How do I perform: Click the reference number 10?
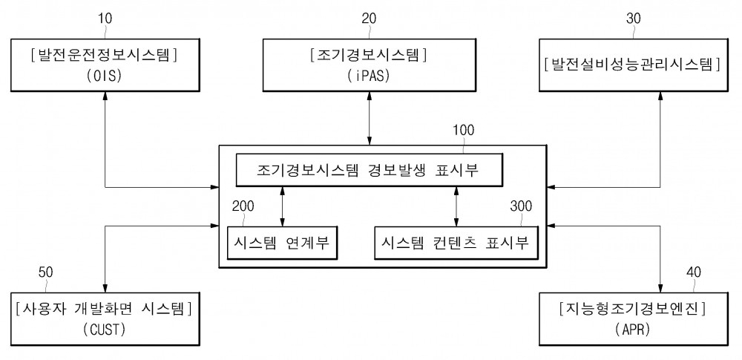[105, 19]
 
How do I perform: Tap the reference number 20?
[370, 19]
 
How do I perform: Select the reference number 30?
[634, 19]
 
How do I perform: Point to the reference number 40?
[693, 272]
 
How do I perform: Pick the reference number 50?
[45, 272]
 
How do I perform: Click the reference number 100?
[463, 130]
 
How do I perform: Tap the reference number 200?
[243, 206]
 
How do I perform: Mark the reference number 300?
[521, 206]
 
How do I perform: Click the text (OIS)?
[105, 76]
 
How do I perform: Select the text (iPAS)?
[370, 76]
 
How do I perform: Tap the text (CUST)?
[105, 330]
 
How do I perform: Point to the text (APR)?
[633, 330]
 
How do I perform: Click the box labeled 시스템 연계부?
[281, 243]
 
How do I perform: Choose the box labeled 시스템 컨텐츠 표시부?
[456, 243]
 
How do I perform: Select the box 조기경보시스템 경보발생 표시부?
[369, 170]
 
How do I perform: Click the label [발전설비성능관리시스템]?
[633, 64]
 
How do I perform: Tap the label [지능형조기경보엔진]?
[633, 310]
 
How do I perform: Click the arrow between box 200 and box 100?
[283, 206]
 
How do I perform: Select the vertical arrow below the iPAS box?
[370, 118]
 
